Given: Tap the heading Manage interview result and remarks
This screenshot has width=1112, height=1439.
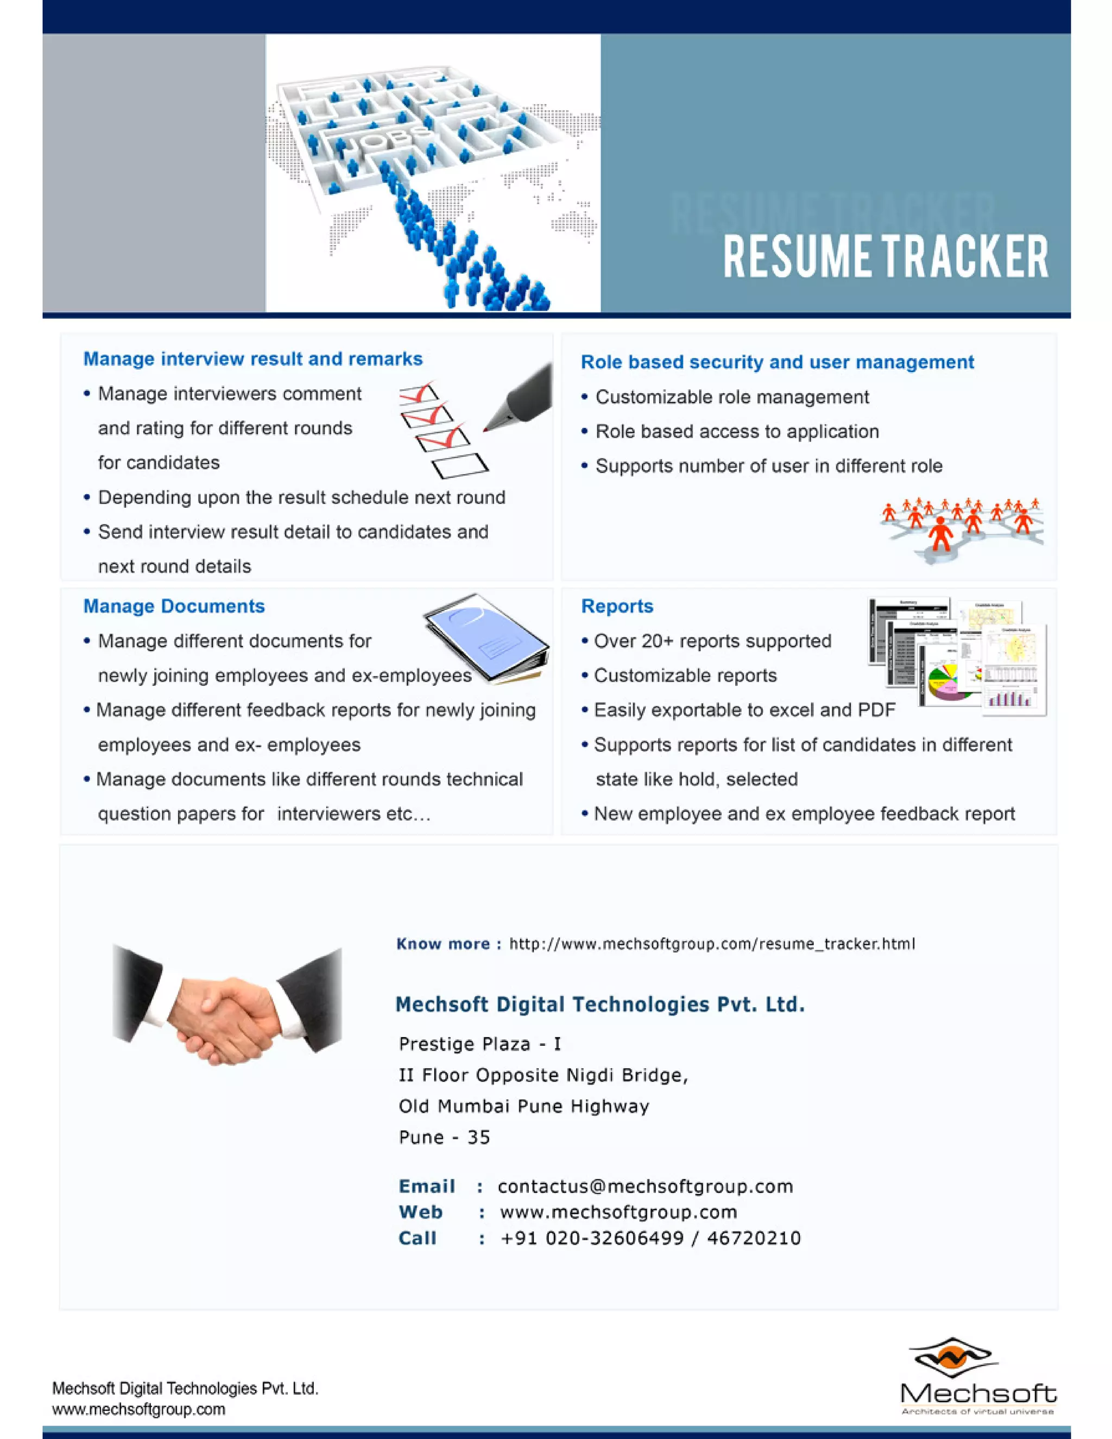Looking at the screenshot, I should coord(252,359).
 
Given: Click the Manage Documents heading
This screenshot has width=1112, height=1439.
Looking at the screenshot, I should coord(174,606).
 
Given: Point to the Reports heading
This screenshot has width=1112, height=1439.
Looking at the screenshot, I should coord(617,606).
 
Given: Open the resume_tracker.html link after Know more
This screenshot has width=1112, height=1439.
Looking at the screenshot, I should coord(711,944).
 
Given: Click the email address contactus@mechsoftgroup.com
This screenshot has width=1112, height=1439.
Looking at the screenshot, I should coord(645,1186).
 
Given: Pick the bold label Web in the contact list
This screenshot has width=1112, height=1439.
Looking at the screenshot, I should coord(420,1213).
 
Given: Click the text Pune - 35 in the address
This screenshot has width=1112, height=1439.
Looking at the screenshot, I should coord(444,1138).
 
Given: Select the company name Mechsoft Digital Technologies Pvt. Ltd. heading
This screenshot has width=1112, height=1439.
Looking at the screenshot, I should coord(599,1005).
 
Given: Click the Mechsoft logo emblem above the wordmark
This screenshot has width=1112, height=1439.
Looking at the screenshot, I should coord(952,1358).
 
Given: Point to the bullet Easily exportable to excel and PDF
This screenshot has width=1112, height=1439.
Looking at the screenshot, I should coord(744,710).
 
